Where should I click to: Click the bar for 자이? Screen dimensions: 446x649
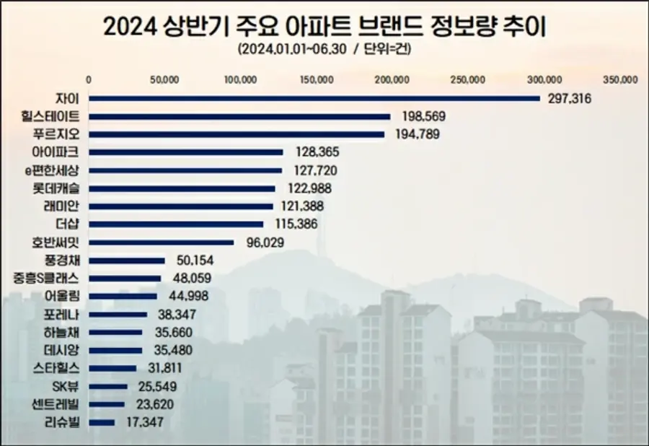(x=314, y=98)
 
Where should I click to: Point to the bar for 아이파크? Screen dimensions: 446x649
(x=186, y=152)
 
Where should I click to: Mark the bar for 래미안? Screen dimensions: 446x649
(x=181, y=206)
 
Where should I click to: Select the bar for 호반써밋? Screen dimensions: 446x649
(x=162, y=242)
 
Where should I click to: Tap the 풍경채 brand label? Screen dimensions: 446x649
(x=66, y=260)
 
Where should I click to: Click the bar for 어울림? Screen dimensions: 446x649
(x=123, y=296)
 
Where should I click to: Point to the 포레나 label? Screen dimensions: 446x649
(x=66, y=314)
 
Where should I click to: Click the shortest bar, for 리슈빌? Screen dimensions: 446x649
(x=102, y=422)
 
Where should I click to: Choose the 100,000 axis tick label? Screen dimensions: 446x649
(x=240, y=79)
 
